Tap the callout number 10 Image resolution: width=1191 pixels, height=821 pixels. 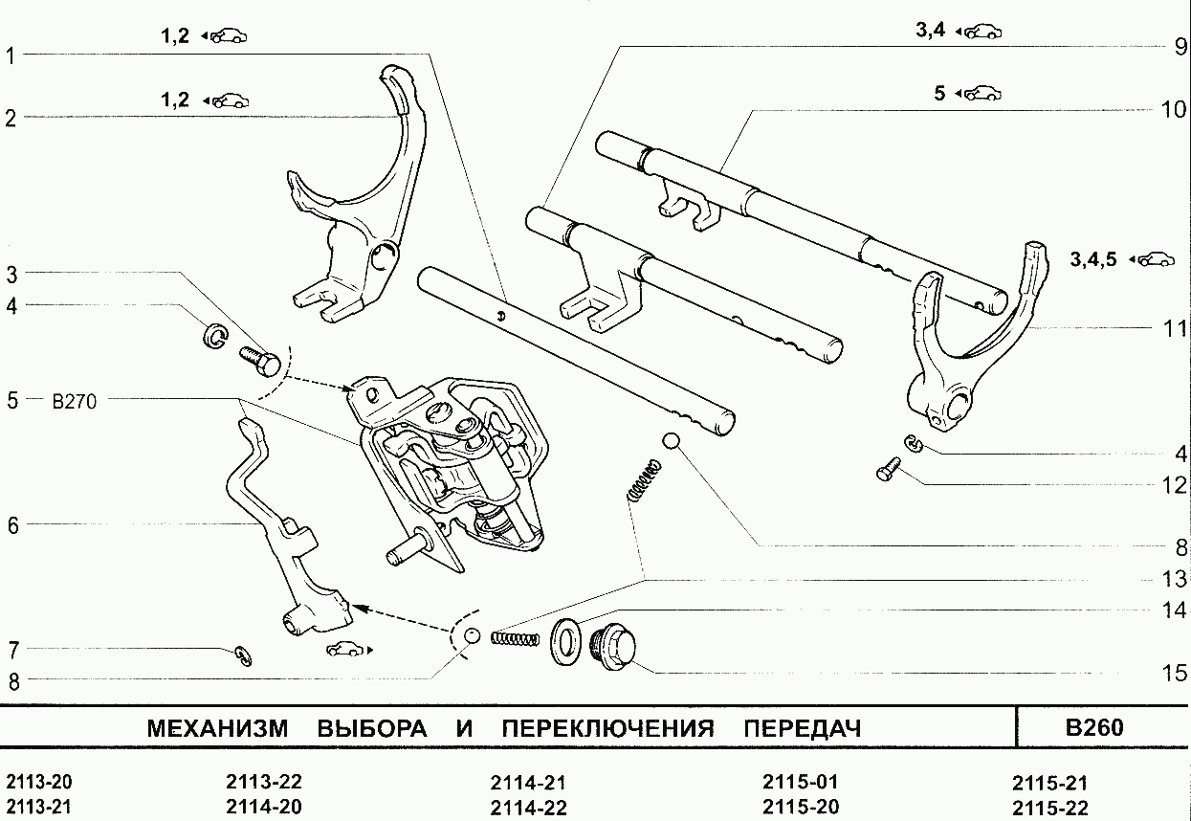click(1173, 110)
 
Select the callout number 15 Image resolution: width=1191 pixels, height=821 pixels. click(1174, 674)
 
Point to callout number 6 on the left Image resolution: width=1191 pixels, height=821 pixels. click(12, 524)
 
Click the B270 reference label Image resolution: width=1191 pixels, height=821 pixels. click(75, 402)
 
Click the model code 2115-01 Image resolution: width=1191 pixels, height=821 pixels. click(800, 782)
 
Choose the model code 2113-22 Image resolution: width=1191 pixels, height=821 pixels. click(264, 782)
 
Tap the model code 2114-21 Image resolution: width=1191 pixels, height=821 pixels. click(528, 782)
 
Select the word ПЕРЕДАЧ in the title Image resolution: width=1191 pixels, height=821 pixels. click(803, 729)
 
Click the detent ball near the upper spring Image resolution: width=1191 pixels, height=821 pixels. click(672, 442)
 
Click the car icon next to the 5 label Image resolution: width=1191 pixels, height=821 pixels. click(982, 93)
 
